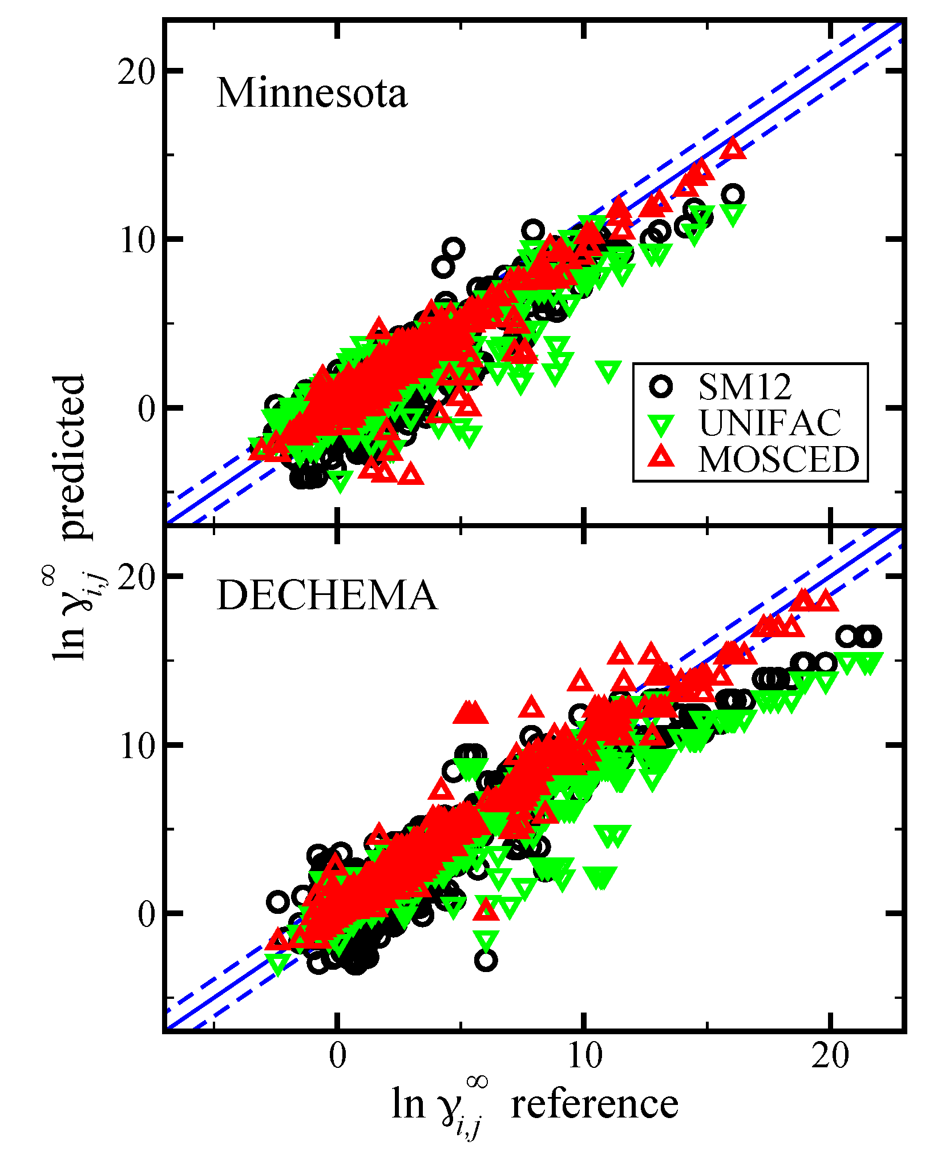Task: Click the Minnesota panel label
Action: pos(312,93)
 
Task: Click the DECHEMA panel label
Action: pos(327,596)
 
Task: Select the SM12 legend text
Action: pos(745,387)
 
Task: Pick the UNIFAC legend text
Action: pos(770,423)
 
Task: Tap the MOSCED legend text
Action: pos(778,459)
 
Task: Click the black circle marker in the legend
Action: pos(661,386)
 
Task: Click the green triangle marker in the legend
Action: pos(662,424)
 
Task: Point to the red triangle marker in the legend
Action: pos(662,457)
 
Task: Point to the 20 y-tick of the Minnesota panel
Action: pos(136,72)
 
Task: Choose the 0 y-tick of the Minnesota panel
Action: pos(146,409)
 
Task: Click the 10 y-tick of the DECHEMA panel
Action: pos(136,746)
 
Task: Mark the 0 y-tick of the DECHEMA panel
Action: pos(146,914)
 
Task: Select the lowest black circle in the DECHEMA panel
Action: pos(486,960)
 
